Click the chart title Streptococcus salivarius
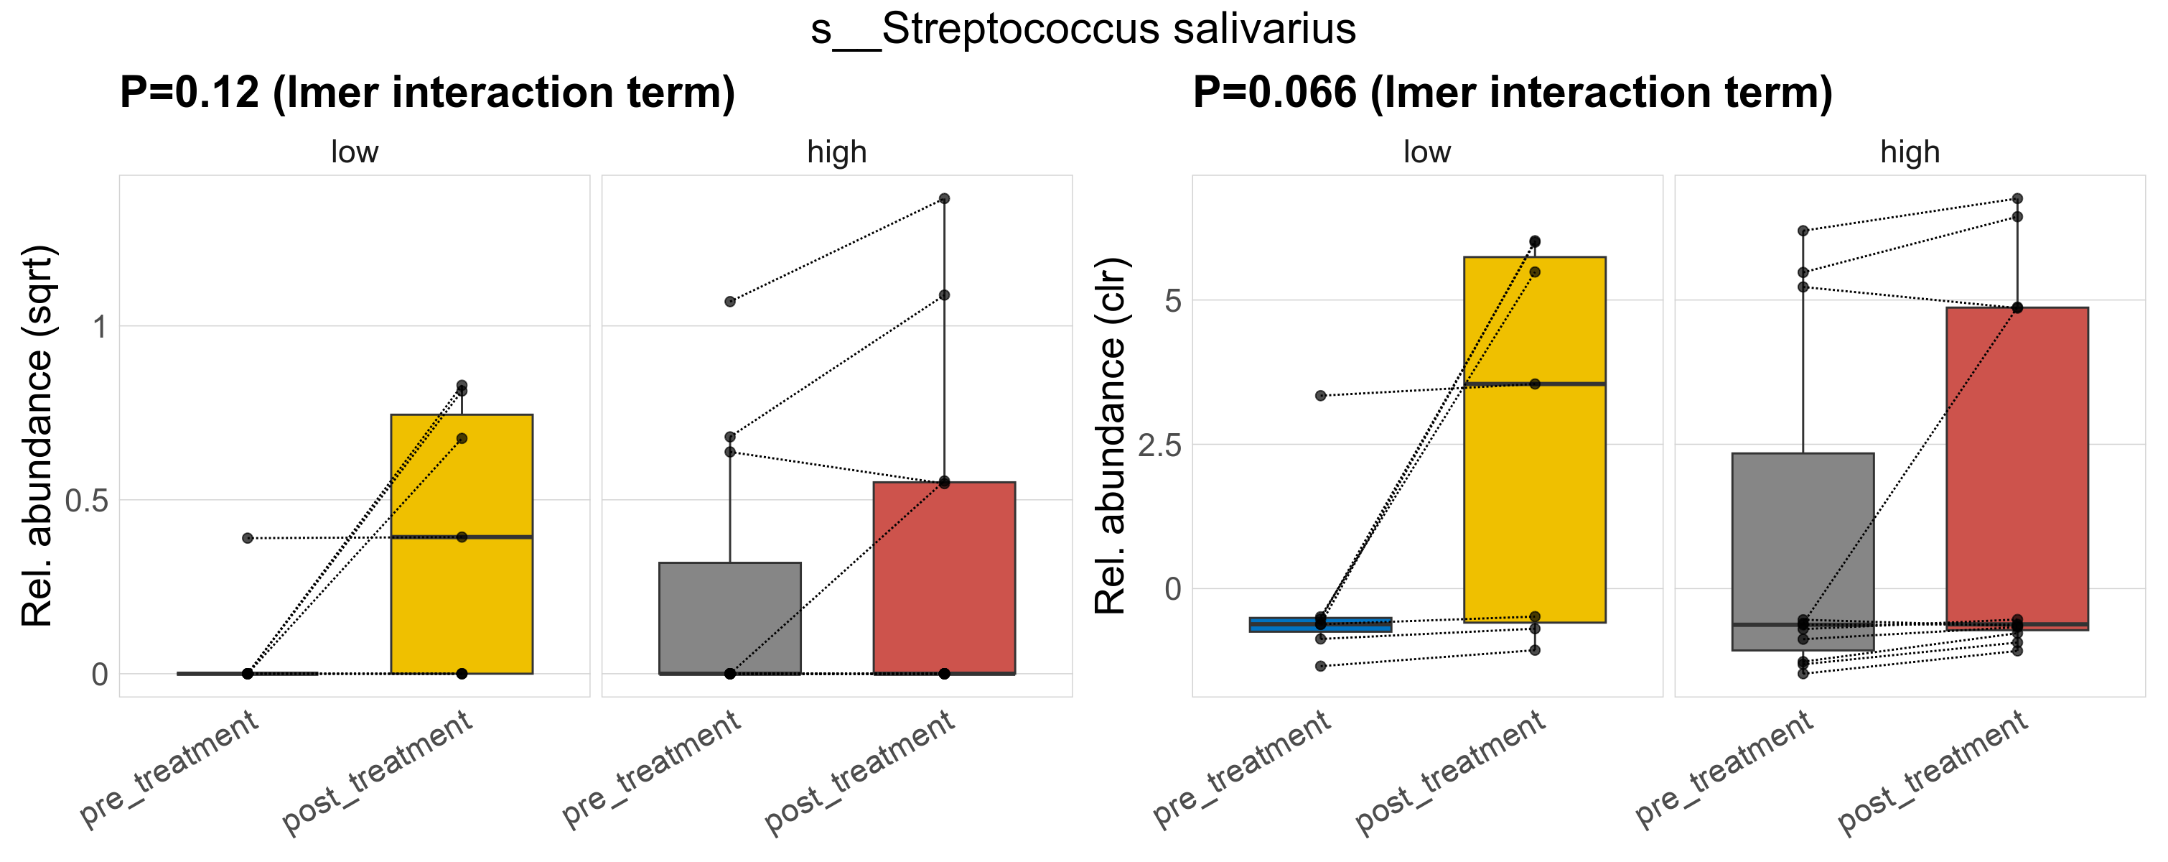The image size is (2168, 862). pyautogui.click(x=1083, y=29)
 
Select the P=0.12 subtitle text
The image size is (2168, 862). pyautogui.click(x=426, y=93)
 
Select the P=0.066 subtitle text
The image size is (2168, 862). pyautogui.click(x=1512, y=93)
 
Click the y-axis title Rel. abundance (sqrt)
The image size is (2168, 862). pyautogui.click(x=37, y=435)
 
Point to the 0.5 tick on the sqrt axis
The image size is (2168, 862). pyautogui.click(x=87, y=501)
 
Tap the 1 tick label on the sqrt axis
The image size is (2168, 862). pyautogui.click(x=99, y=327)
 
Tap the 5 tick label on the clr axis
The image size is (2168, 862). pyautogui.click(x=1172, y=300)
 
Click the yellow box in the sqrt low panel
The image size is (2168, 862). pyautogui.click(x=461, y=589)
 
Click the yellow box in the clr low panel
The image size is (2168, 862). pyautogui.click(x=1533, y=505)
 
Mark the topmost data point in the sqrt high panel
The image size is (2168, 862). pyautogui.click(x=943, y=199)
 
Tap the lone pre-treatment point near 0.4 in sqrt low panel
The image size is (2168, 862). pyautogui.click(x=248, y=538)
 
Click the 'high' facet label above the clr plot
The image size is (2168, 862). pyautogui.click(x=1910, y=152)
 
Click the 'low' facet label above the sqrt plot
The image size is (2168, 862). pyautogui.click(x=355, y=152)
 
